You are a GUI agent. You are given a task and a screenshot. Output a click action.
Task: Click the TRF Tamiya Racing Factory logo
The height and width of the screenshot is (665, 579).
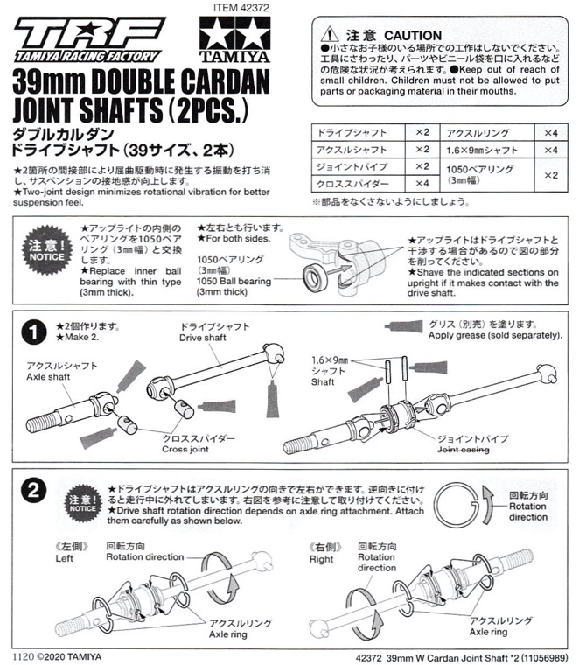click(89, 40)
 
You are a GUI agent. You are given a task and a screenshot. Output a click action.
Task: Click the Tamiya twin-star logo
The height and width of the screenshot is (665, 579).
click(234, 39)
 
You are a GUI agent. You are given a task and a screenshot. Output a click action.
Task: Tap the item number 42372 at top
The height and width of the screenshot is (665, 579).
click(241, 8)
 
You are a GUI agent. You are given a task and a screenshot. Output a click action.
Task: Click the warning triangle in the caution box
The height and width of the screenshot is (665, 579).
click(330, 34)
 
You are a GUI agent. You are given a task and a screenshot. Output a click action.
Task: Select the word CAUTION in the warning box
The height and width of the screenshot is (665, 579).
click(413, 35)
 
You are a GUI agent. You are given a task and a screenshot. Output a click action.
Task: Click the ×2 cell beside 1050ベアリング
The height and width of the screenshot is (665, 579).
click(551, 175)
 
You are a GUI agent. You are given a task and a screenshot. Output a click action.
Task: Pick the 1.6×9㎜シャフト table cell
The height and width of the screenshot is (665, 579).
click(487, 150)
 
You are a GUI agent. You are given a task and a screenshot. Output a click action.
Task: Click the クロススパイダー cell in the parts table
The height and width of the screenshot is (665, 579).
click(359, 183)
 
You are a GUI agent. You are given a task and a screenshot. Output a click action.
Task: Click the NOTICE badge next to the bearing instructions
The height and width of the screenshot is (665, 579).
click(46, 250)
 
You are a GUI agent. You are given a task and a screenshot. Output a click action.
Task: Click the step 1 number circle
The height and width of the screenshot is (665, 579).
click(33, 332)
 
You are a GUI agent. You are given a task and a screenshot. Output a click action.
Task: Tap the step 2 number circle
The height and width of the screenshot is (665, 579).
click(33, 491)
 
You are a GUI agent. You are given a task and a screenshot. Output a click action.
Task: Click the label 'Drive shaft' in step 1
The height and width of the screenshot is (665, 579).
click(203, 338)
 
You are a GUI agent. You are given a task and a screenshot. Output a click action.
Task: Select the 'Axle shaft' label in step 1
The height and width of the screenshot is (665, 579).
click(48, 376)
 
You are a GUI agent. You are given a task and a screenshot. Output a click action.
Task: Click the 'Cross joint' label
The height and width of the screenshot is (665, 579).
click(185, 449)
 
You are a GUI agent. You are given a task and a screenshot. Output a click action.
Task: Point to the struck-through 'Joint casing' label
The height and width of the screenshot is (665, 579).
click(464, 450)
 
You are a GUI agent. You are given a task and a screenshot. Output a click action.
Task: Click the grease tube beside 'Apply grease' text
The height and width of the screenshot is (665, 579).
click(404, 326)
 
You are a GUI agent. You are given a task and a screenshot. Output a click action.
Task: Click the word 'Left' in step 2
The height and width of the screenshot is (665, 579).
click(64, 558)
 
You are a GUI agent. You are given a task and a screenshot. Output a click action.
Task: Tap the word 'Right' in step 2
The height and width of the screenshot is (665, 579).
click(321, 559)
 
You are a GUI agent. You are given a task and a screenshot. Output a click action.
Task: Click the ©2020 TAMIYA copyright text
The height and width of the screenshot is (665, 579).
click(69, 657)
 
